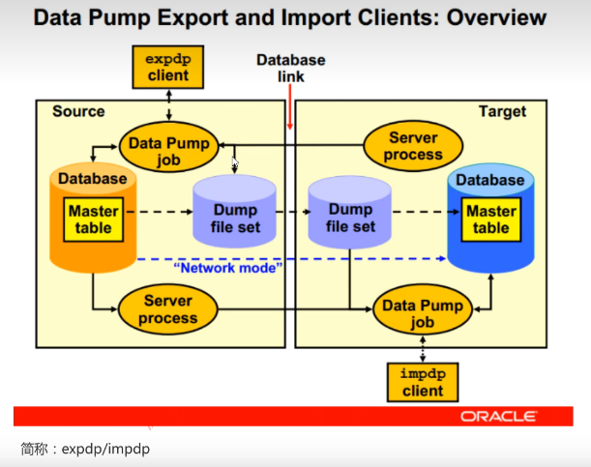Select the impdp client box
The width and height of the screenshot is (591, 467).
(422, 382)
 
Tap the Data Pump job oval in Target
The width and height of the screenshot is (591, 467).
(422, 312)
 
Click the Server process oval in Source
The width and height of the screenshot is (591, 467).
(167, 309)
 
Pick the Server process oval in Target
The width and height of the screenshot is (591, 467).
(413, 147)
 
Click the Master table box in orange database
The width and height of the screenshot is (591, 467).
(94, 219)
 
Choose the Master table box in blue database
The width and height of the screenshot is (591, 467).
(490, 219)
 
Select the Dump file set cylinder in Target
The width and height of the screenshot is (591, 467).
(350, 219)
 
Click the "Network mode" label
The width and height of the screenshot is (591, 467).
(228, 268)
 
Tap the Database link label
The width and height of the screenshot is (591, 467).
(290, 68)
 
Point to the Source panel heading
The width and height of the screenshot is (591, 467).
(78, 111)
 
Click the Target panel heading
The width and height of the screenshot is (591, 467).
(502, 111)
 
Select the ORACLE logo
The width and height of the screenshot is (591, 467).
(498, 416)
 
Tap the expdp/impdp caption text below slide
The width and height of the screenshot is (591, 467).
(85, 449)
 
